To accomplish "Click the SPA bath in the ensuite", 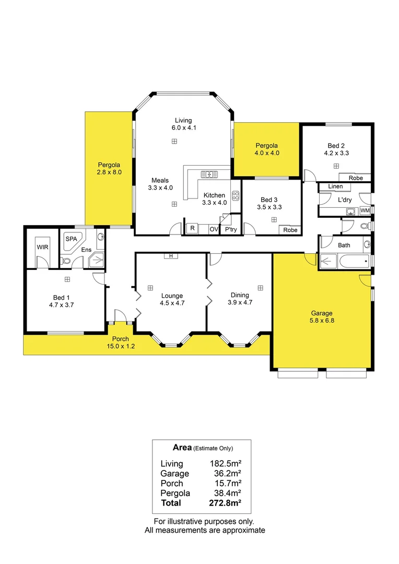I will tap(70, 240).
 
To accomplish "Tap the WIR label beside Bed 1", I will tap(42, 247).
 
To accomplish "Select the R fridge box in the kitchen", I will tap(192, 228).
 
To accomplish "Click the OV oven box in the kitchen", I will tap(213, 229).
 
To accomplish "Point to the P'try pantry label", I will tap(229, 229).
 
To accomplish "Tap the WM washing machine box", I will tap(365, 210).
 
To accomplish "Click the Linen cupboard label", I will tap(335, 186).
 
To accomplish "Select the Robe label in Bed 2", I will tap(356, 178).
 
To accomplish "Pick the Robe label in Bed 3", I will tap(290, 230).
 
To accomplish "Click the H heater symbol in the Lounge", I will tap(171, 255).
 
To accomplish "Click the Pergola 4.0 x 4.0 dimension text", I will tap(266, 154).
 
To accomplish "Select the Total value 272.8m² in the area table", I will tap(226, 503).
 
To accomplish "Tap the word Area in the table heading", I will tap(181, 448).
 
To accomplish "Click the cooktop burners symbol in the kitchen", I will tap(236, 196).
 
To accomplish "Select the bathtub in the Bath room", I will tap(345, 260).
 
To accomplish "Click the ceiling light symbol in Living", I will tap(174, 141).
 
